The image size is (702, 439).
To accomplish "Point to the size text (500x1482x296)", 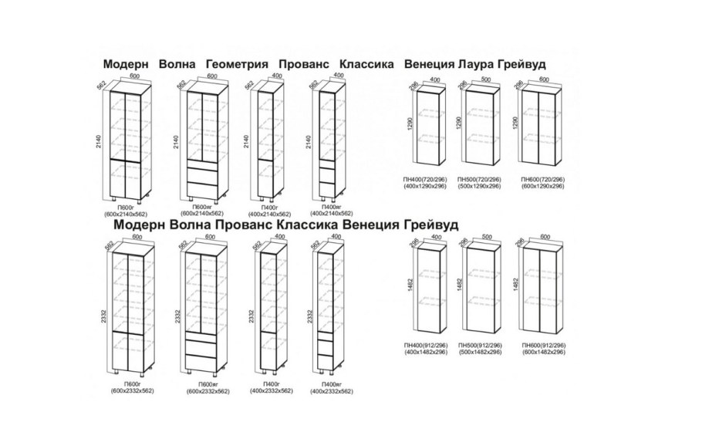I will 481,352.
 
